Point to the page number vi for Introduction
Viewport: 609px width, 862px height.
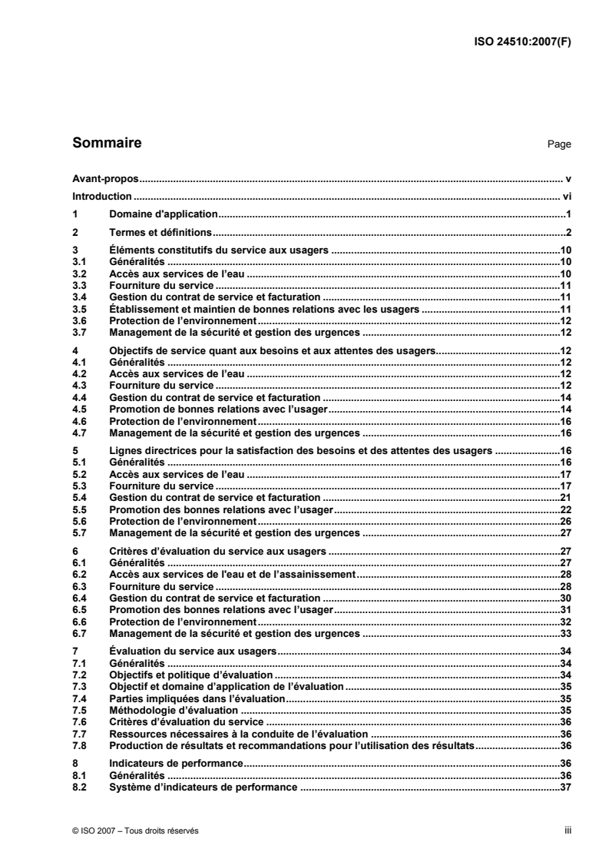point(566,196)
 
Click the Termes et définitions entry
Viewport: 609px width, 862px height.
point(161,232)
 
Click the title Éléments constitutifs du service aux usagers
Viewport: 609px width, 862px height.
point(220,250)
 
